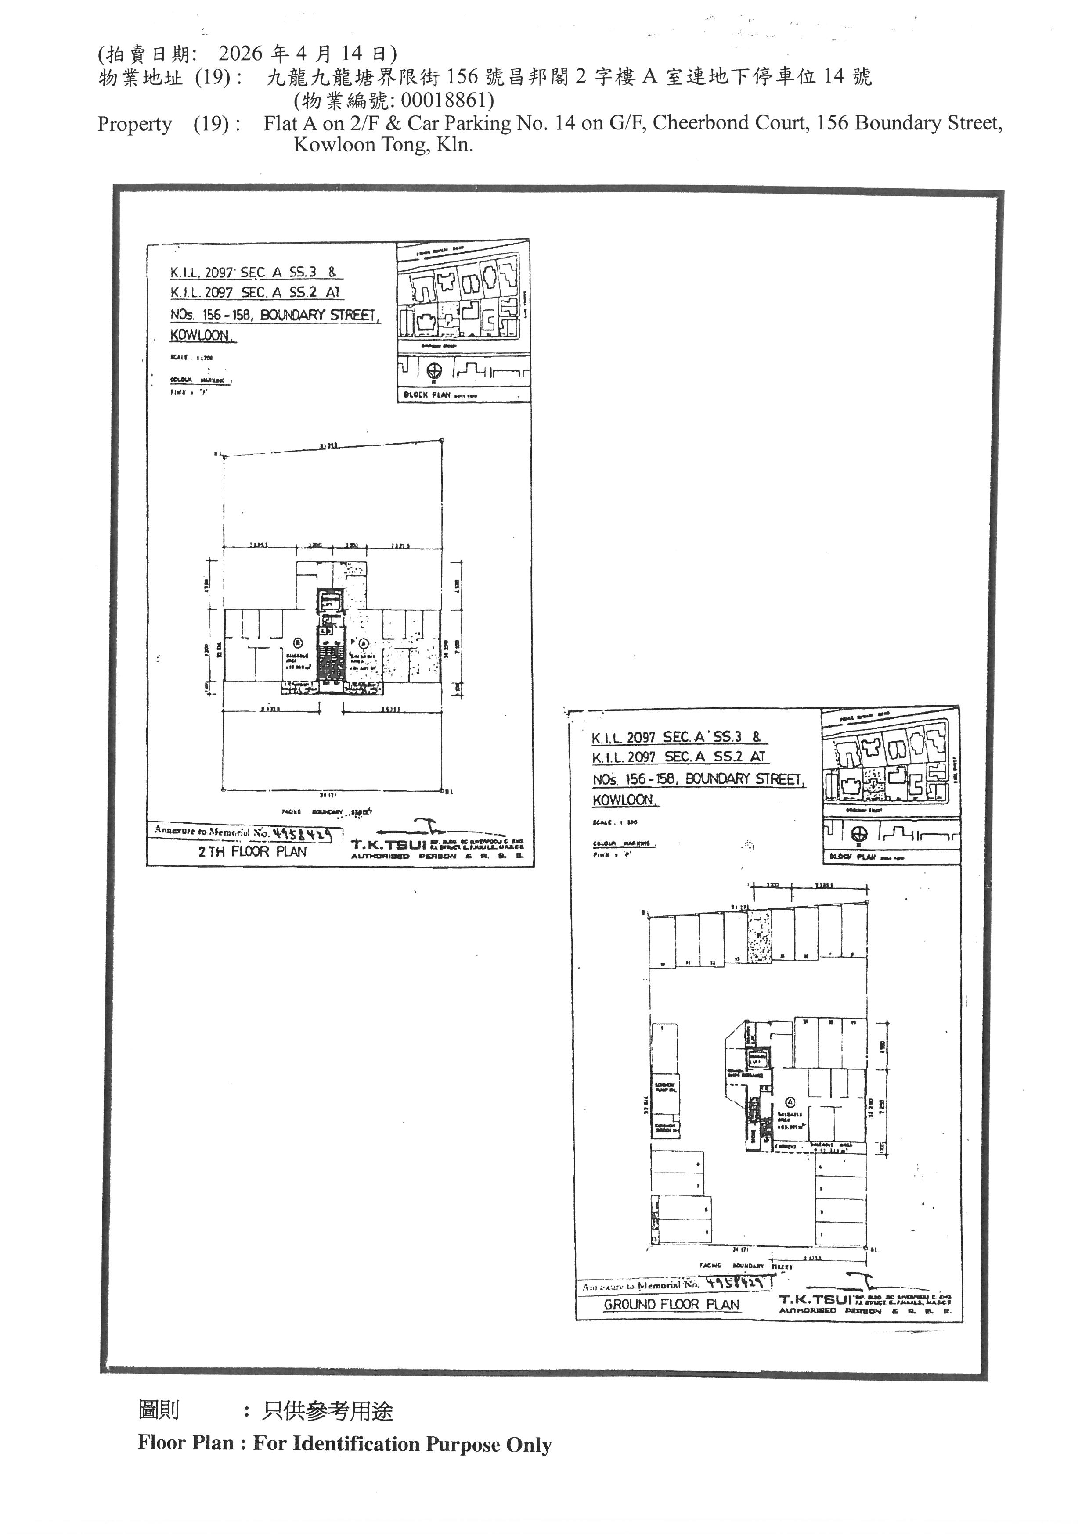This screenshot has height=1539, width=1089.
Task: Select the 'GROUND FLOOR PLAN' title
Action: [x=671, y=1304]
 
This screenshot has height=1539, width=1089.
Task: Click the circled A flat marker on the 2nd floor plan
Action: [x=364, y=643]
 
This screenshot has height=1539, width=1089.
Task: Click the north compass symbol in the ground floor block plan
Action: [x=859, y=834]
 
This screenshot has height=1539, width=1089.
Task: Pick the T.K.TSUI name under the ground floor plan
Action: [x=807, y=1299]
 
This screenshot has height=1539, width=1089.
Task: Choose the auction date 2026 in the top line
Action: [x=242, y=54]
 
